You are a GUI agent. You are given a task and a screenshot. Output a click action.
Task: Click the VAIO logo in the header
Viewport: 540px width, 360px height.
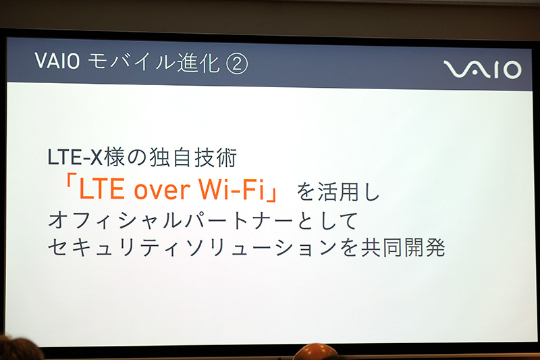(x=482, y=69)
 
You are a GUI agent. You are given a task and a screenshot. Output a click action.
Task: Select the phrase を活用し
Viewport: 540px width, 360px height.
(x=339, y=192)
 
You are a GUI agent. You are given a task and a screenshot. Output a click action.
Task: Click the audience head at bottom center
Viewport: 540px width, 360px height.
(x=314, y=352)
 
